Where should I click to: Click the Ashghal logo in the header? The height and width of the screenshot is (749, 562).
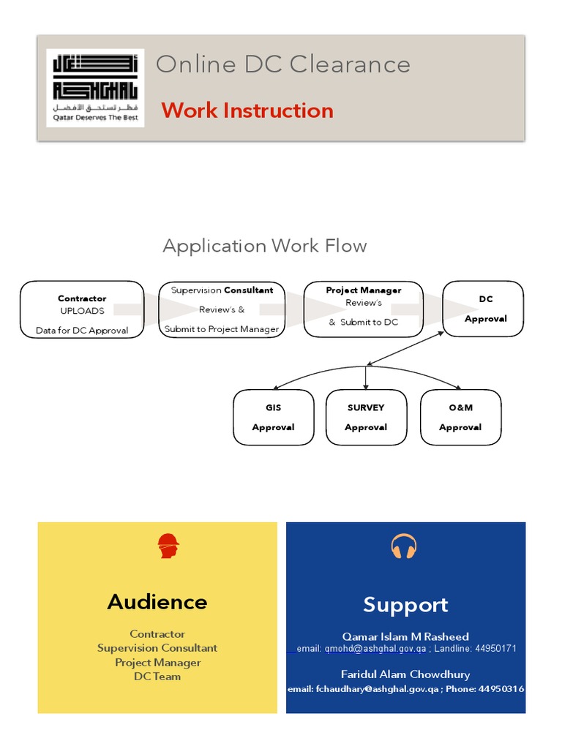tap(95, 88)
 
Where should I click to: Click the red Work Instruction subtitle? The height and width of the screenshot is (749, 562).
tap(247, 110)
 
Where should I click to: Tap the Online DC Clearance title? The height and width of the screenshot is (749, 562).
tap(282, 64)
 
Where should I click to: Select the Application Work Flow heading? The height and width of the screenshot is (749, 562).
tap(264, 246)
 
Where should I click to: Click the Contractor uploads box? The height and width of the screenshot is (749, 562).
tap(82, 314)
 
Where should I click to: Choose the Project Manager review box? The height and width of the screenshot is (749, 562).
tap(363, 309)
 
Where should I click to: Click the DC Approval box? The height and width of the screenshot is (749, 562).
tap(484, 309)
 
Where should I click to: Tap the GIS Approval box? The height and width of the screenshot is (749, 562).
tap(273, 417)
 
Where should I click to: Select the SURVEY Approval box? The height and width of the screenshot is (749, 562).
tap(366, 417)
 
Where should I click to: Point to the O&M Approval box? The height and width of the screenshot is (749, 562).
tap(460, 417)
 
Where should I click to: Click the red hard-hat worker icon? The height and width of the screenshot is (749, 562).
tap(168, 546)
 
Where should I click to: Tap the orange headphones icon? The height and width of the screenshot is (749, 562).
tap(404, 546)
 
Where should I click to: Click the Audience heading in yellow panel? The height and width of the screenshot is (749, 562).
tap(157, 602)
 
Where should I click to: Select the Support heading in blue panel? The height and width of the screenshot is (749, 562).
tap(405, 605)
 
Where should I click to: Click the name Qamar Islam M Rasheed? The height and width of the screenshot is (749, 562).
tap(405, 636)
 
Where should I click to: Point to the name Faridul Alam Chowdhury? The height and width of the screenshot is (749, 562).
tap(405, 674)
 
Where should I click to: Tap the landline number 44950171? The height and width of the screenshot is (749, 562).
tap(496, 649)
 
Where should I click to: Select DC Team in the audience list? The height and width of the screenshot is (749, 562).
tap(157, 677)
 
